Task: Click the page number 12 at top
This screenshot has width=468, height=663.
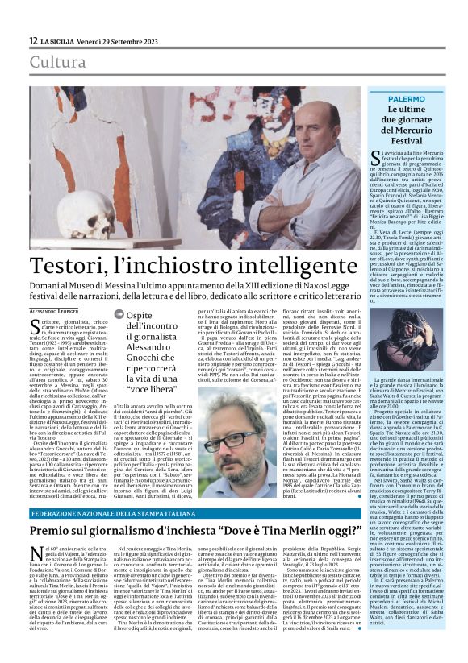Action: coord(32,39)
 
